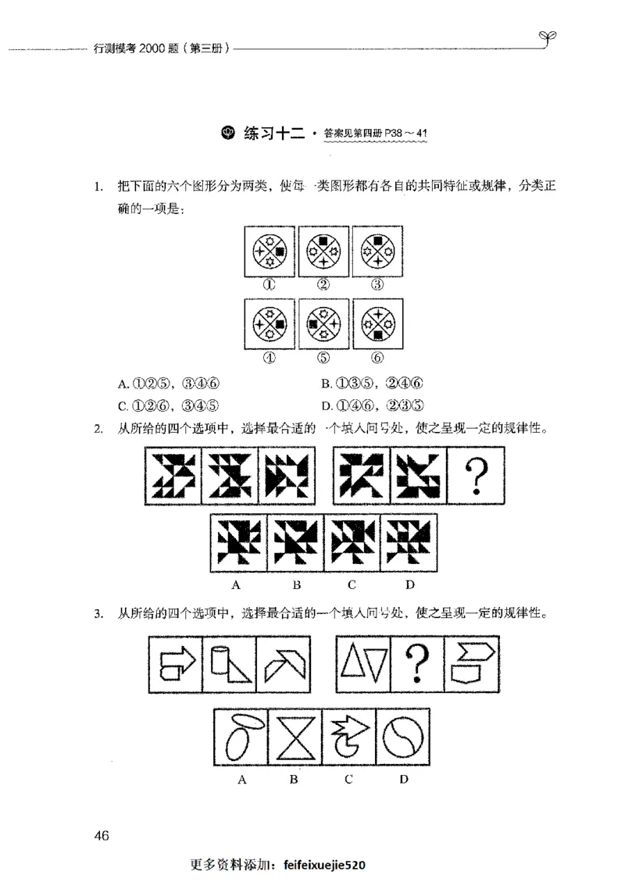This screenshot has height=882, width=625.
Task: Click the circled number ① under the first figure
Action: click(270, 284)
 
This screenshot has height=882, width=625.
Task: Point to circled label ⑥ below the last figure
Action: click(378, 357)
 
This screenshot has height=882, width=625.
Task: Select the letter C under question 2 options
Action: click(352, 584)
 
